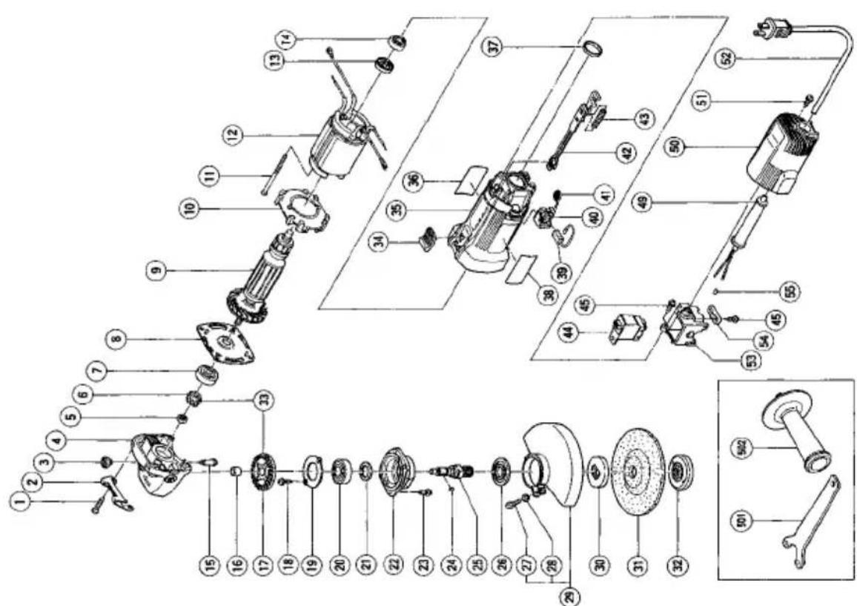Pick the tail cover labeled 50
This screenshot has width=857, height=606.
[x=779, y=158]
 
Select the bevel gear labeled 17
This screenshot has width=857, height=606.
[x=264, y=473]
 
